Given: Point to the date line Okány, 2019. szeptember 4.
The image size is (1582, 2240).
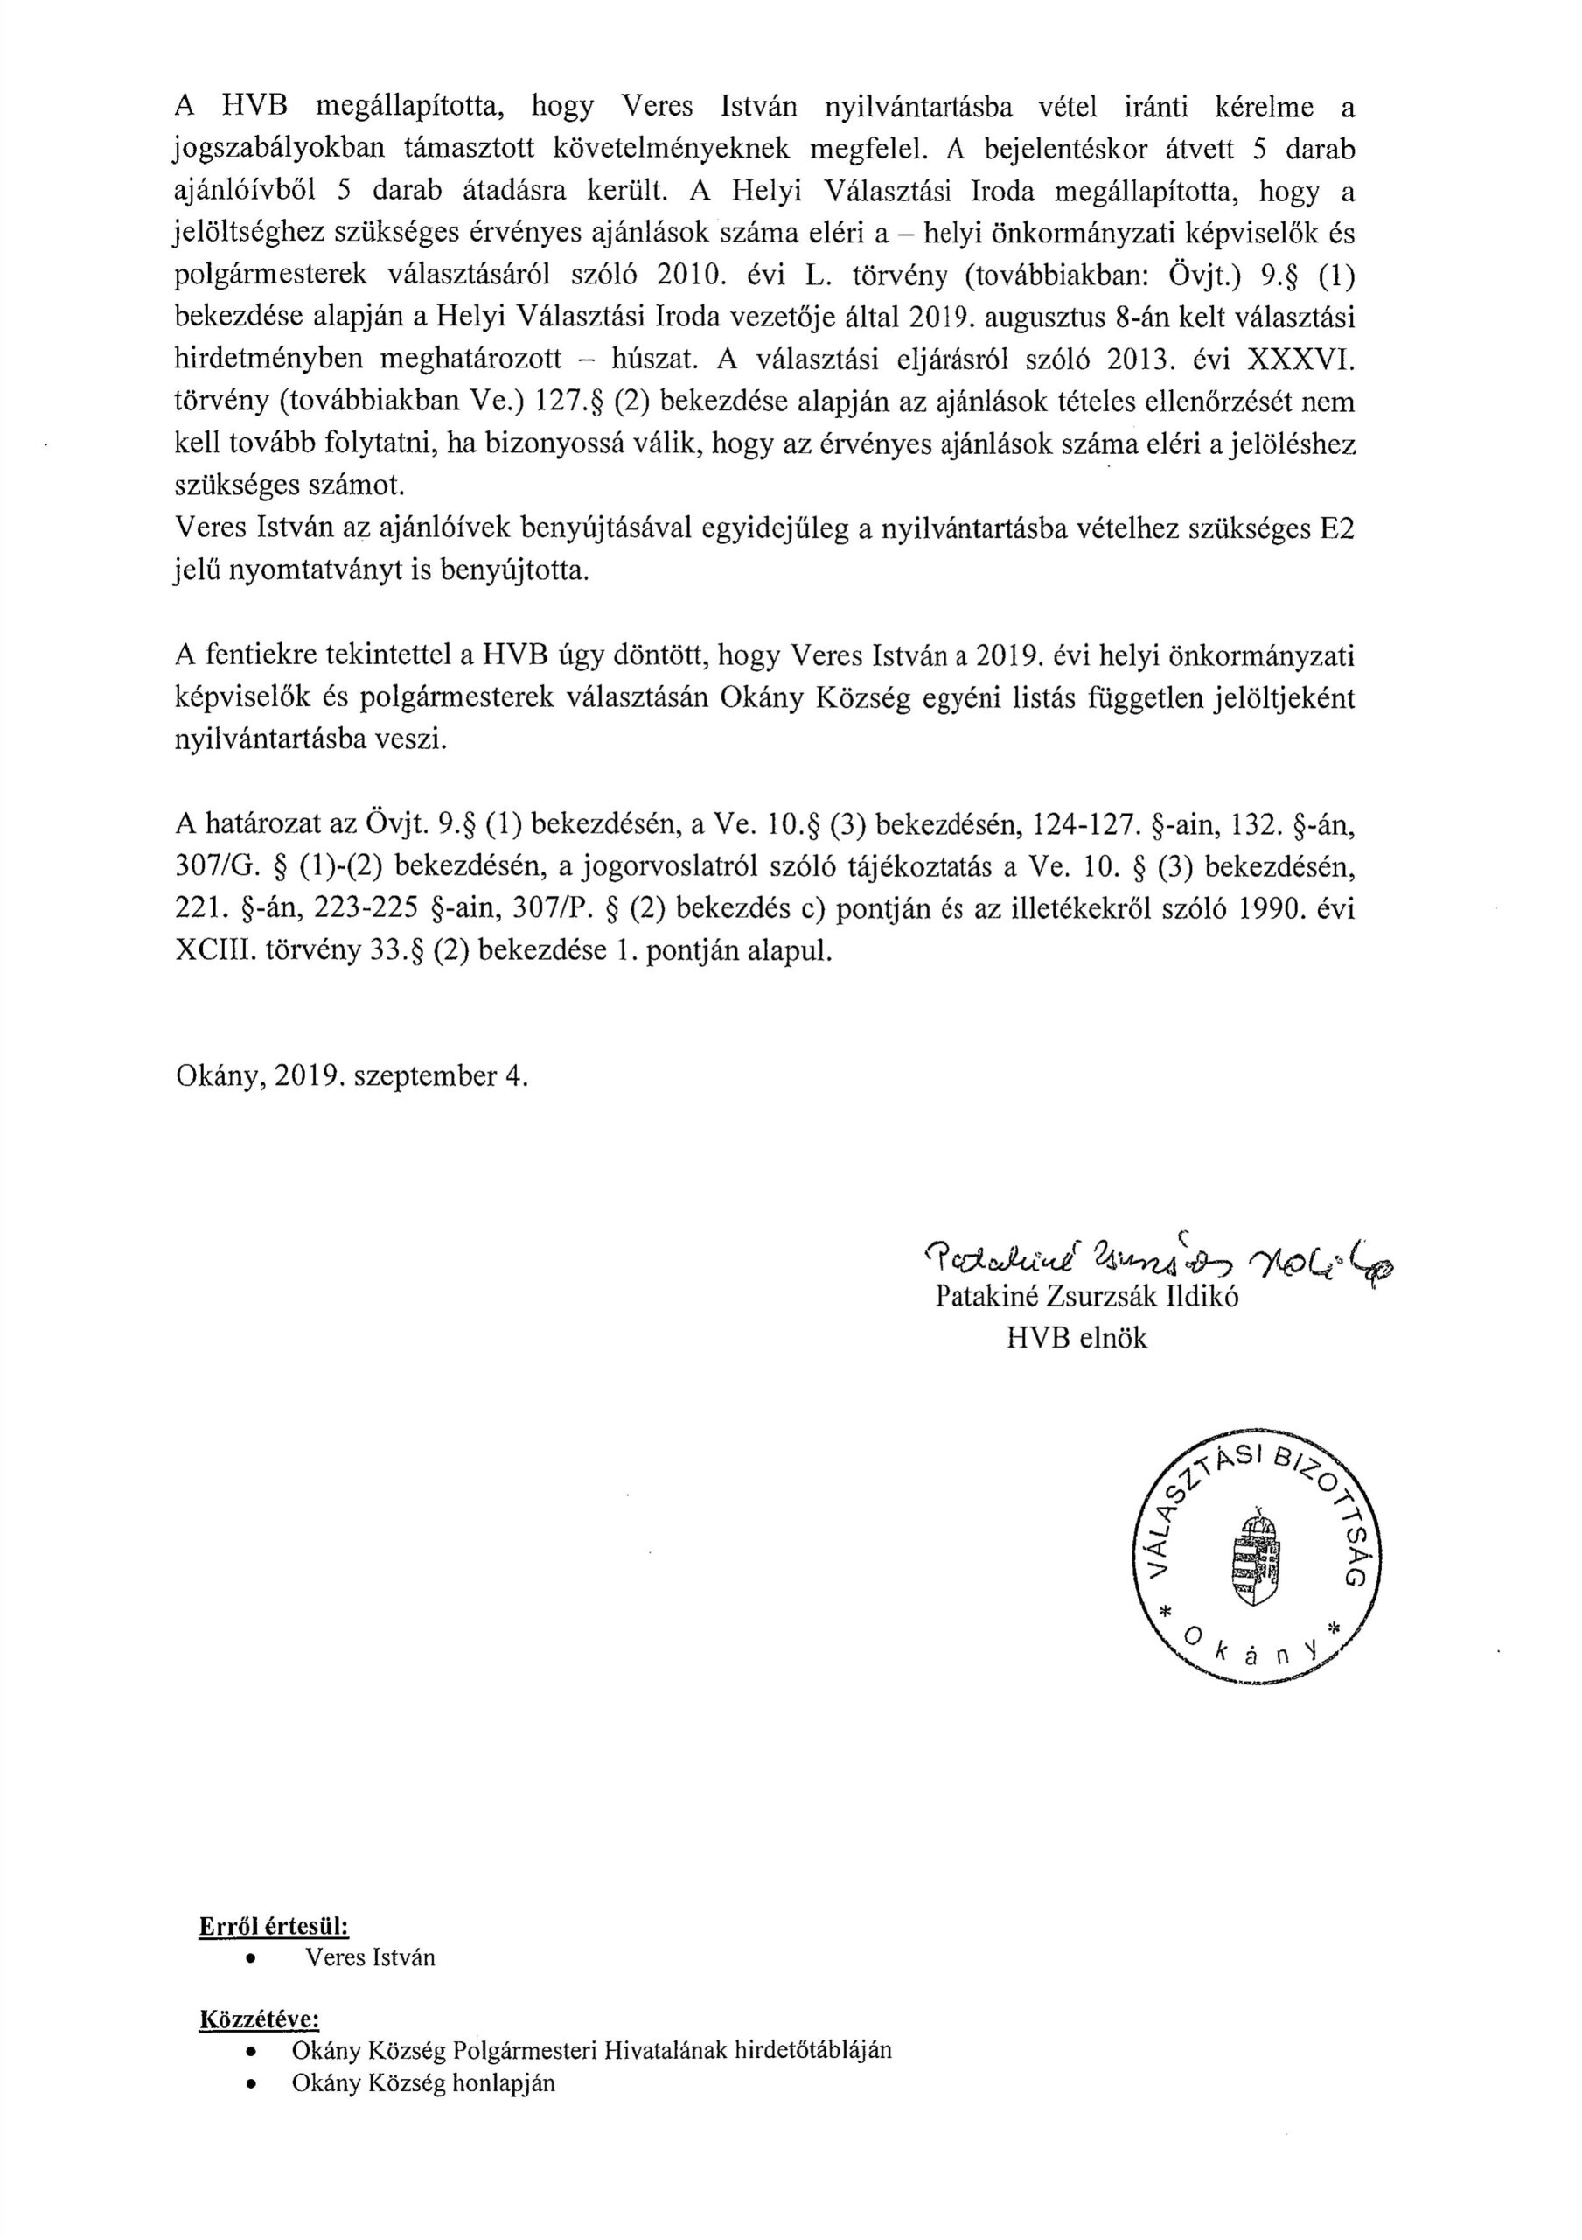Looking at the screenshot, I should (352, 1076).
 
